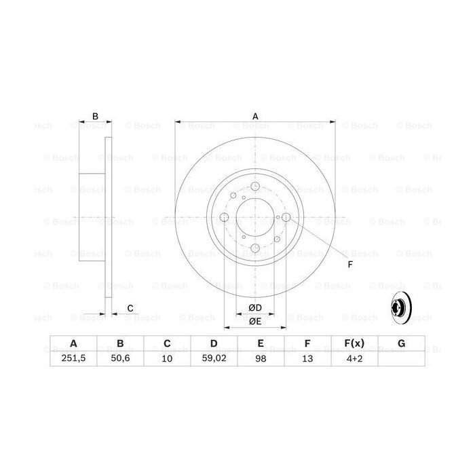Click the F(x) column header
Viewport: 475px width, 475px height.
click(354, 345)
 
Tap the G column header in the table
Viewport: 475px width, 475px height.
click(401, 345)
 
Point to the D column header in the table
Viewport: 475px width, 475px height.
click(213, 345)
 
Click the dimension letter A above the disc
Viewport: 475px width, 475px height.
click(255, 116)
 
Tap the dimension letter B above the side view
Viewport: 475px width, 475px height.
click(96, 116)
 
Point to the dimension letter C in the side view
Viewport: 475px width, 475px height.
click(130, 309)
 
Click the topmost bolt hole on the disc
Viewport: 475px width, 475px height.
click(255, 187)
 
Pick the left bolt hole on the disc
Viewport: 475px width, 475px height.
click(225, 218)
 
